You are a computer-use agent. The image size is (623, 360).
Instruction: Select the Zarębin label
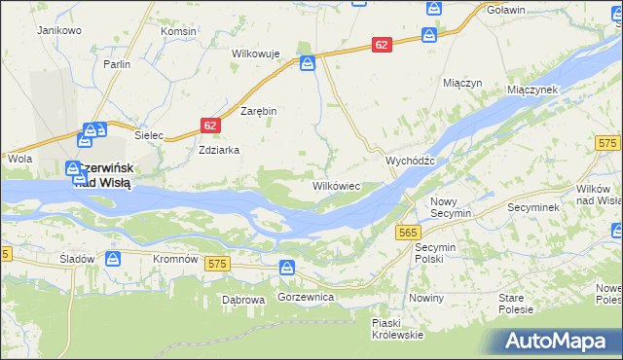click(259, 111)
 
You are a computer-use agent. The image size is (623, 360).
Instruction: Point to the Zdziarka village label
click(219, 151)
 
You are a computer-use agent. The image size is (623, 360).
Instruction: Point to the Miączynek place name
click(531, 89)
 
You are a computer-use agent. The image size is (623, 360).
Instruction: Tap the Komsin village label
click(179, 31)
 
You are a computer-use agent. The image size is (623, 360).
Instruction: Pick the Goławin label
click(506, 10)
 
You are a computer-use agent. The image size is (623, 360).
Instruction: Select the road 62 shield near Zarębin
click(211, 126)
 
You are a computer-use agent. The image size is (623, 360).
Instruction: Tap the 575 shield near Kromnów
click(216, 264)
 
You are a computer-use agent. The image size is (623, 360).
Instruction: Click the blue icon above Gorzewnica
click(287, 268)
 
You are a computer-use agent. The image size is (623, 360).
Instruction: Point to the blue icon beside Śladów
click(113, 259)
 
